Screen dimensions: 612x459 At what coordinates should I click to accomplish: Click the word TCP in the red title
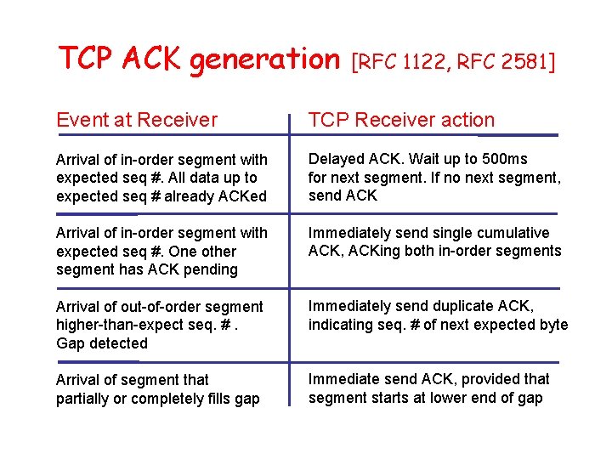pos(86,59)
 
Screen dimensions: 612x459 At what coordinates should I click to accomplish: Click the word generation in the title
pos(263,59)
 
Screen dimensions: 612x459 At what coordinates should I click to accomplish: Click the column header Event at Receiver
pos(137,121)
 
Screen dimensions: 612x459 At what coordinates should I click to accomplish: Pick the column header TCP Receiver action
pos(401,121)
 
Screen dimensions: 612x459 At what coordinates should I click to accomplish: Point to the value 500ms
pos(504,159)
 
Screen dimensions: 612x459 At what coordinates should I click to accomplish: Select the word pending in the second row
pos(212,269)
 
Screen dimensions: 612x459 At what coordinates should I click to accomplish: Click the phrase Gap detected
pos(102,343)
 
